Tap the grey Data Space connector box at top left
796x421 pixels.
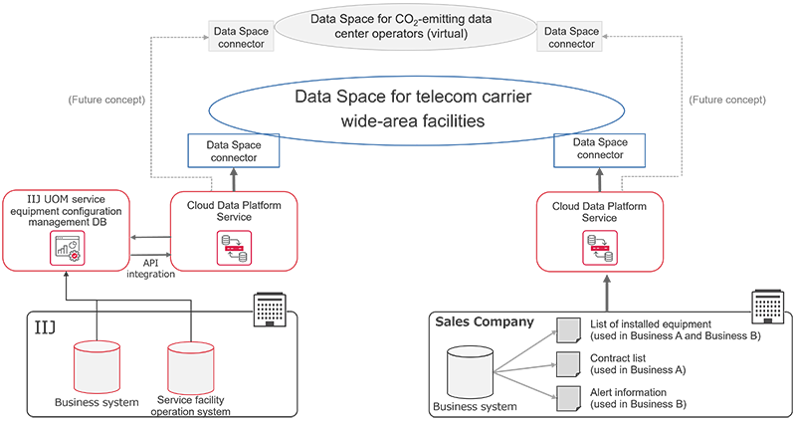tap(239, 38)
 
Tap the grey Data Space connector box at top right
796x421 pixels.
tap(572, 38)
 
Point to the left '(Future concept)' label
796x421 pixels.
tap(106, 100)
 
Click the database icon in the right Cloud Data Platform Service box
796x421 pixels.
tap(599, 249)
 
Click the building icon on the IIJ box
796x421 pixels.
tap(266, 311)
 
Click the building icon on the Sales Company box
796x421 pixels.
tap(767, 308)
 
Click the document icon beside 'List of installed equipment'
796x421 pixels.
tap(566, 327)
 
